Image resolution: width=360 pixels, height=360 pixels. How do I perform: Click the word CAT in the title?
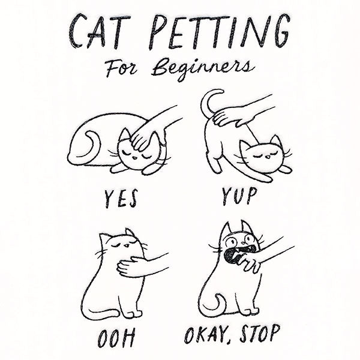[x=100, y=31]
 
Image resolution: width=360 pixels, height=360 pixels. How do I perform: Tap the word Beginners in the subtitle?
[x=203, y=68]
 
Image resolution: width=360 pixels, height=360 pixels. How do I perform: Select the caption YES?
[x=121, y=199]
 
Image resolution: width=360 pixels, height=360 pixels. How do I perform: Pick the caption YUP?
[x=239, y=196]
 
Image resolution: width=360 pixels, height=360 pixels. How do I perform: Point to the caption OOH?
[x=116, y=338]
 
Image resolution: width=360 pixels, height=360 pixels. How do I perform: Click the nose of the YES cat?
[x=135, y=158]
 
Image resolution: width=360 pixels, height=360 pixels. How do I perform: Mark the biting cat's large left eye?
[x=231, y=242]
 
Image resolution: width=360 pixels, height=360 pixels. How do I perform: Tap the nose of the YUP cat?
[x=268, y=158]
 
